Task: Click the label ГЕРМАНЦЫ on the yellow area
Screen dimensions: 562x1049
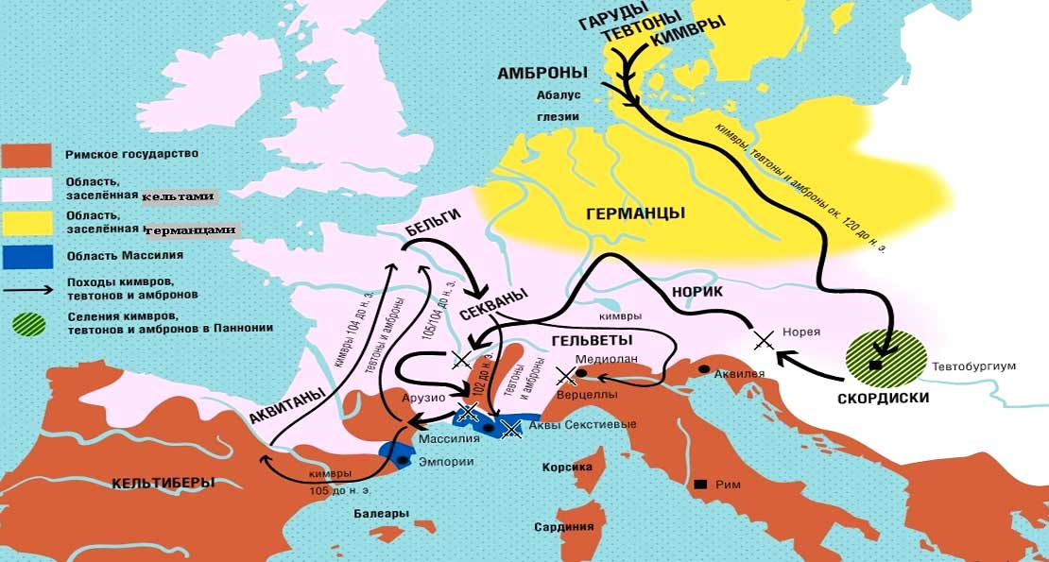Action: pyautogui.click(x=635, y=213)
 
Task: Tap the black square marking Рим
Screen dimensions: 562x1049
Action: pyautogui.click(x=700, y=485)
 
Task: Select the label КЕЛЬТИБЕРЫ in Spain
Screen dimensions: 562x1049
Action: pyautogui.click(x=163, y=483)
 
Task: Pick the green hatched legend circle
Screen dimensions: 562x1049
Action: pyautogui.click(x=28, y=323)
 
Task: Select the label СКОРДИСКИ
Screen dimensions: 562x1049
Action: pyautogui.click(x=884, y=398)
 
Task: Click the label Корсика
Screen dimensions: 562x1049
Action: pyautogui.click(x=567, y=468)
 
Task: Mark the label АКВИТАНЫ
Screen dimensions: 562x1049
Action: pyautogui.click(x=288, y=403)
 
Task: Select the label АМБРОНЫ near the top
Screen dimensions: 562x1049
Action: pyautogui.click(x=542, y=73)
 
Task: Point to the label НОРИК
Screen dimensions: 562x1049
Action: pyautogui.click(x=699, y=292)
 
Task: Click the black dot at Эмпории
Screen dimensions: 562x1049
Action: pyautogui.click(x=404, y=460)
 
